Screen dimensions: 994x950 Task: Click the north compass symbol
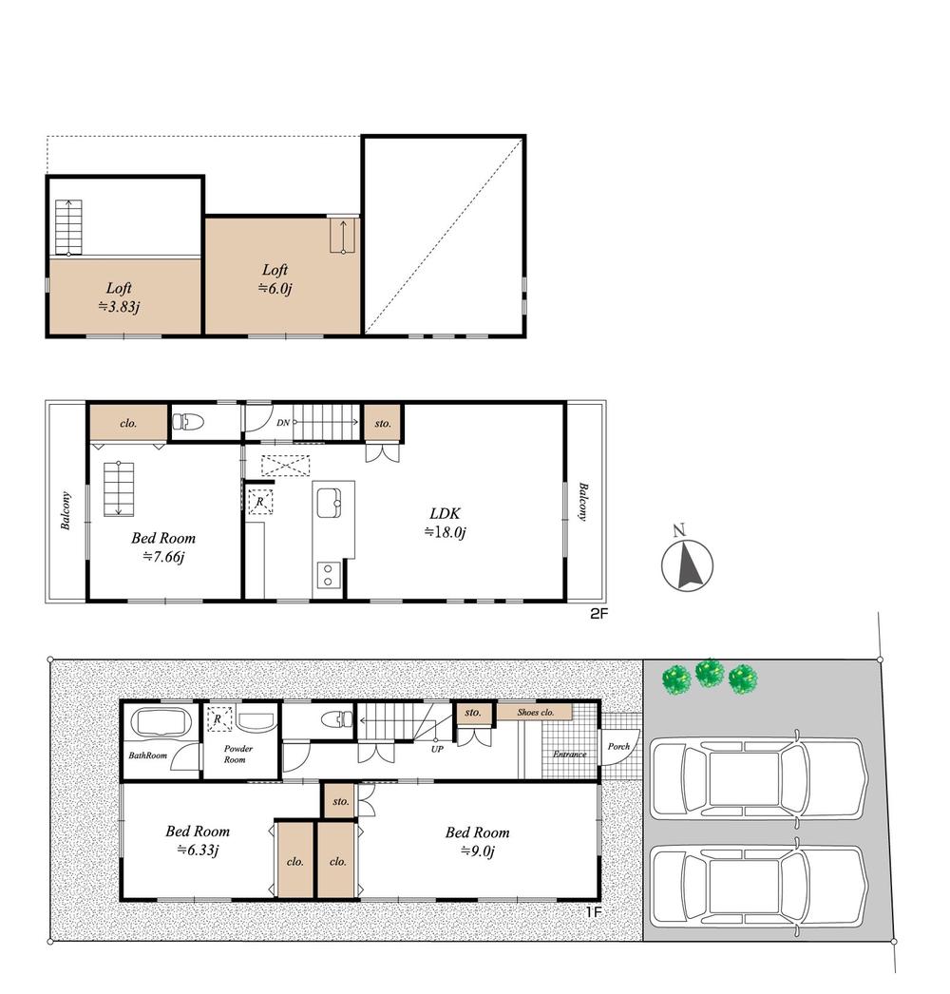687,564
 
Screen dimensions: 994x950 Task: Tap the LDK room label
445,522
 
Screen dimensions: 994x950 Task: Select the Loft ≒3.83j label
119,296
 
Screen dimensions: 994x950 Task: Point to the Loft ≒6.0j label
275,278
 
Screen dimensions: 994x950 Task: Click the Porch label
619,747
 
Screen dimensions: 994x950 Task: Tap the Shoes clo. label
535,712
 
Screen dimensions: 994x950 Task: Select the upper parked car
758,780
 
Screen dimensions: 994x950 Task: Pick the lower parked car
758,885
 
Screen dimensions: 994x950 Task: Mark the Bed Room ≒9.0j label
478,841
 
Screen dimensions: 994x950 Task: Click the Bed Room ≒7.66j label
163,546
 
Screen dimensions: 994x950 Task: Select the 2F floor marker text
598,614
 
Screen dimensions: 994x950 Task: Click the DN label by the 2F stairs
282,422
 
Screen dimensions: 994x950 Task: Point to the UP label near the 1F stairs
436,748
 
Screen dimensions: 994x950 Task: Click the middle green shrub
710,674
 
